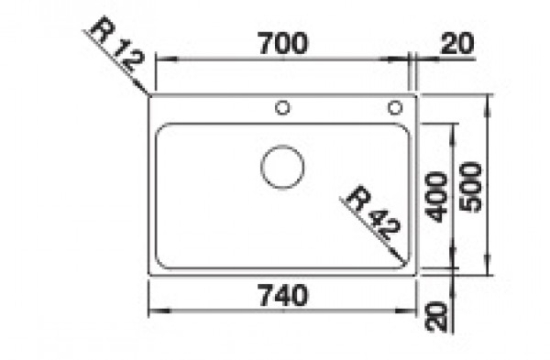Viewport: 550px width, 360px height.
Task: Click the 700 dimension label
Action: click(x=283, y=43)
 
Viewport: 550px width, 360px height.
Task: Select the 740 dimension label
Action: click(x=283, y=295)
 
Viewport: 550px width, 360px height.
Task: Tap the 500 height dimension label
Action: click(x=471, y=187)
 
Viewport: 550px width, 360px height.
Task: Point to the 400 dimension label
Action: click(x=436, y=197)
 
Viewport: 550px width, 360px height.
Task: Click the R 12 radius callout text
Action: click(x=116, y=43)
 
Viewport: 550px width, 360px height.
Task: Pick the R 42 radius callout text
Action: click(x=373, y=213)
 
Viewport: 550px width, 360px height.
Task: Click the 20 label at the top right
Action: click(x=456, y=43)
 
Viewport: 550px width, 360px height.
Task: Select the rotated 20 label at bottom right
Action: click(x=436, y=316)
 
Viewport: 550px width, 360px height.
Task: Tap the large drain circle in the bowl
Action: click(x=282, y=167)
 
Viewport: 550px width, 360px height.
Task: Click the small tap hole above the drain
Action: click(x=282, y=107)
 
